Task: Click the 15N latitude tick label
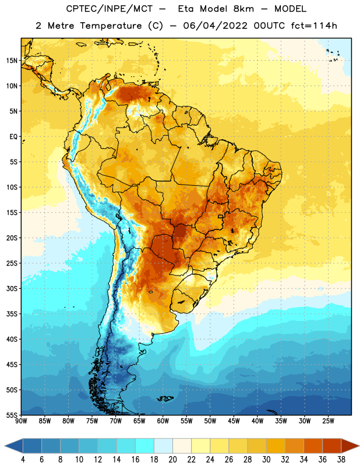pos(12,61)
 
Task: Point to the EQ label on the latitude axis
pos(13,137)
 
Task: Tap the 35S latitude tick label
pos(12,314)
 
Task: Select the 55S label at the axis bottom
pos(12,415)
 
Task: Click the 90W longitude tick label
pos(21,421)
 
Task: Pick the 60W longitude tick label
pos(163,421)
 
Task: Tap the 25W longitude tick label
pos(328,421)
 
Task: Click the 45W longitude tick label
pos(234,421)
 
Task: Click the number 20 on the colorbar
pos(172,460)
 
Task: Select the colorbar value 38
pos(341,460)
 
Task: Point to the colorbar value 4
pos(23,460)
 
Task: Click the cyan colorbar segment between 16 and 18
pos(145,446)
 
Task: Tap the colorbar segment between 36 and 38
pos(332,446)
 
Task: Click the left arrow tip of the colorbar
pos(5,446)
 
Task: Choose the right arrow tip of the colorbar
pos(359,446)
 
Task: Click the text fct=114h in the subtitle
pos(314,26)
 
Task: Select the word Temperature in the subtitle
pos(111,26)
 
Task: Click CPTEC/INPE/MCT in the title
pos(109,9)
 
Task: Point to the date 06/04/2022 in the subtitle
pos(215,26)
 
